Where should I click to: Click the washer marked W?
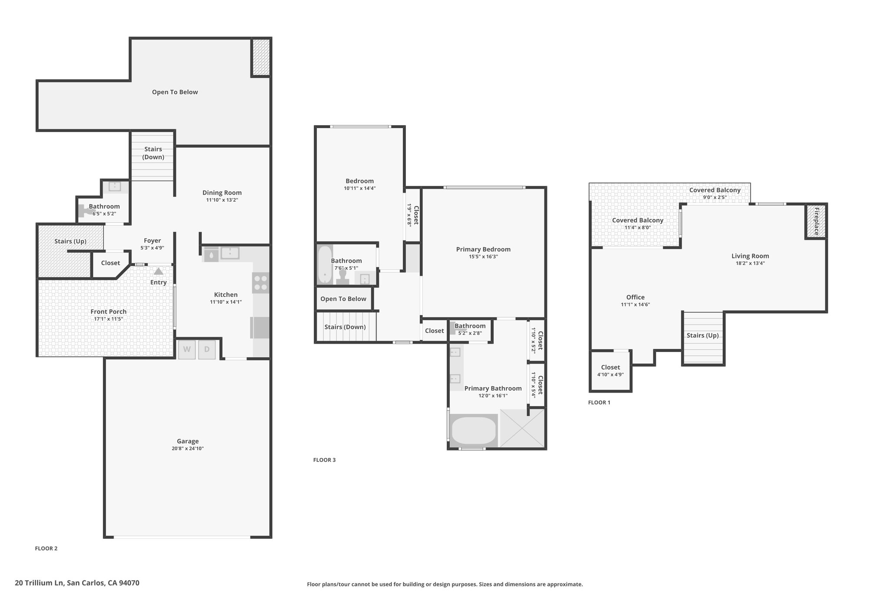pyautogui.click(x=186, y=349)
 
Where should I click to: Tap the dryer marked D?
pyautogui.click(x=207, y=349)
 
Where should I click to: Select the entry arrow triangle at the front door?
pyautogui.click(x=158, y=271)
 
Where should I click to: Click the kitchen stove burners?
pyautogui.click(x=260, y=282)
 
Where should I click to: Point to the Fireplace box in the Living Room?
pyautogui.click(x=816, y=221)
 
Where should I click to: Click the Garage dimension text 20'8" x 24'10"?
pyautogui.click(x=188, y=448)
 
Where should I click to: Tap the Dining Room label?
pyautogui.click(x=222, y=192)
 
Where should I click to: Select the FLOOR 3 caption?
pyautogui.click(x=325, y=460)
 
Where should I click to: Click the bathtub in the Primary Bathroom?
pyautogui.click(x=474, y=430)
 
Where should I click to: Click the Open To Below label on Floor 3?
pyautogui.click(x=343, y=298)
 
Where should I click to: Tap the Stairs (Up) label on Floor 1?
pyautogui.click(x=703, y=335)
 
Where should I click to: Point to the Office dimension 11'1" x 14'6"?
pyautogui.click(x=635, y=305)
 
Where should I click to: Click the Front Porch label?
pyautogui.click(x=109, y=311)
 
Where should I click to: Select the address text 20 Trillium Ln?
pyautogui.click(x=40, y=583)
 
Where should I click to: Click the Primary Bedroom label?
pyautogui.click(x=483, y=249)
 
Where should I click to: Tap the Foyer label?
pyautogui.click(x=152, y=240)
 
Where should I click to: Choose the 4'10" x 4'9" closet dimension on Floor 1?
pyautogui.click(x=611, y=374)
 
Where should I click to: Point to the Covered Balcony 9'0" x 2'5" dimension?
pyautogui.click(x=715, y=197)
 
